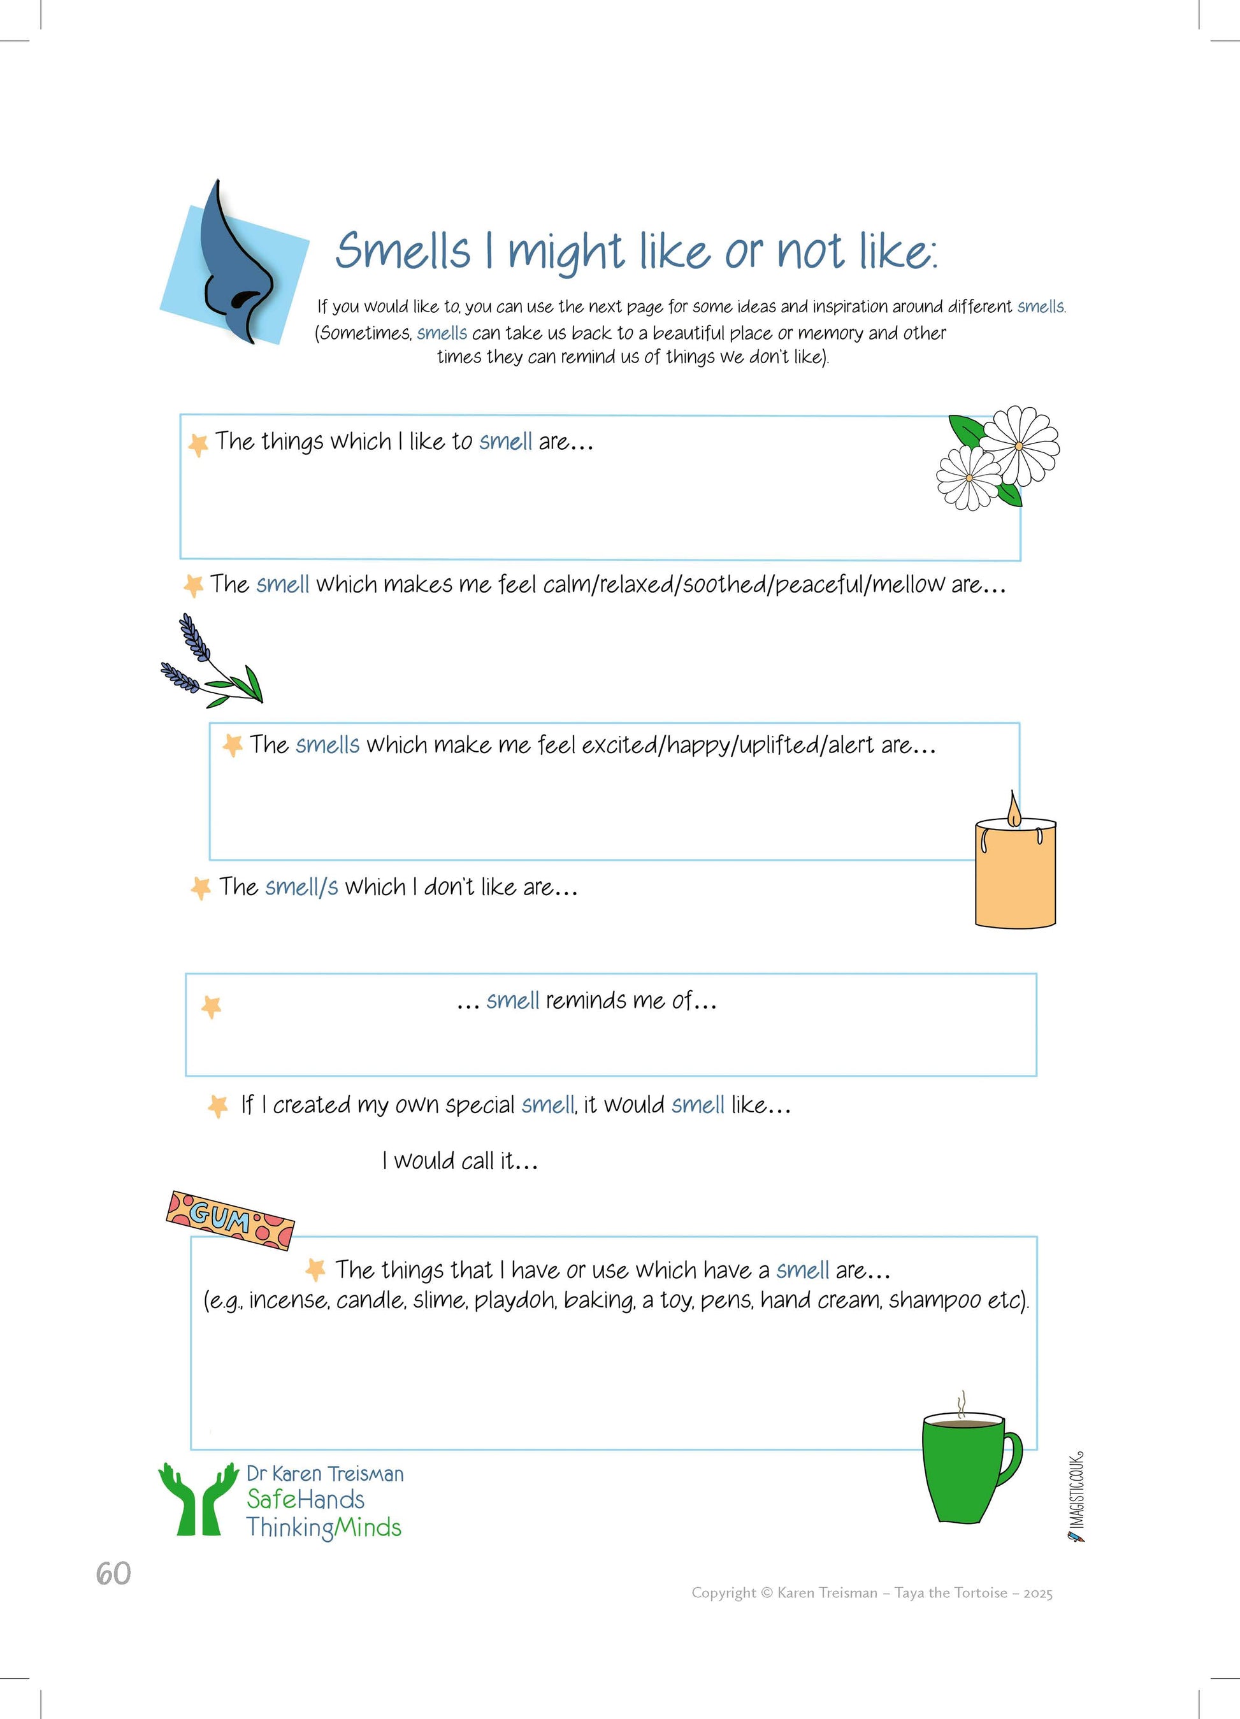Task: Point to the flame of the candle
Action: [1013, 808]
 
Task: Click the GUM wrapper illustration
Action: [229, 1219]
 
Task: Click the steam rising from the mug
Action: [962, 1403]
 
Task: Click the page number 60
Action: [113, 1574]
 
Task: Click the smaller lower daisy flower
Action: [969, 477]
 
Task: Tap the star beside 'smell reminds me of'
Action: [212, 1007]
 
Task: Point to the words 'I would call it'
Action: [459, 1160]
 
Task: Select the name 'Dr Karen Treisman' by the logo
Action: [325, 1474]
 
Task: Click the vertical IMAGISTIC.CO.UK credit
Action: [1077, 1497]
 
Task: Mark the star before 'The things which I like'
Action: [198, 444]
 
